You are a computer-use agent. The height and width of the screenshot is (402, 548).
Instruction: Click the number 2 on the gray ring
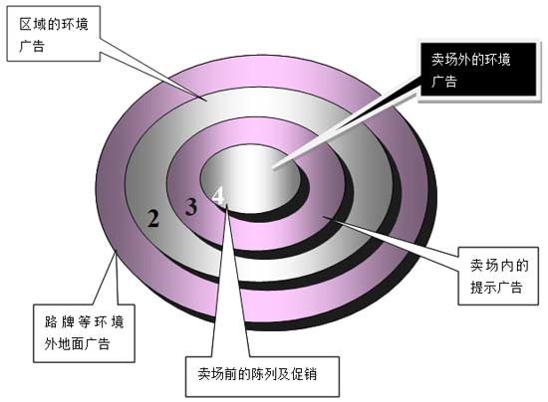click(x=152, y=218)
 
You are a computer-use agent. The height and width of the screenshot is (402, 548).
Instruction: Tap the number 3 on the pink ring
click(x=191, y=207)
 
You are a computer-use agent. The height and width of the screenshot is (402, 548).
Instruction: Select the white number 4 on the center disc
click(x=218, y=195)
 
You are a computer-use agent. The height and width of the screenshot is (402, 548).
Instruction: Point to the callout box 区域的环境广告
click(x=54, y=34)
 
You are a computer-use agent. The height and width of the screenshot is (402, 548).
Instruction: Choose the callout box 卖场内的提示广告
click(x=498, y=276)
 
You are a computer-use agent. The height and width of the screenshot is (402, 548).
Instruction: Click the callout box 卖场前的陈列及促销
click(x=262, y=376)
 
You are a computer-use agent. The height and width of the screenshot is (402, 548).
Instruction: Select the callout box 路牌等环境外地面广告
click(x=84, y=333)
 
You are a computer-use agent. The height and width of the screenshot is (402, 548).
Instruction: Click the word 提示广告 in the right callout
click(x=496, y=288)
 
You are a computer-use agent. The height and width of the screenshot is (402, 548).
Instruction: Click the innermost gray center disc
click(x=250, y=179)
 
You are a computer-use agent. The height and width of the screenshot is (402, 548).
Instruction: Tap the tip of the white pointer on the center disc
click(x=274, y=168)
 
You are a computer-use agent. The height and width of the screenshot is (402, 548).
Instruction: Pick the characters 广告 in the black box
click(x=444, y=82)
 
